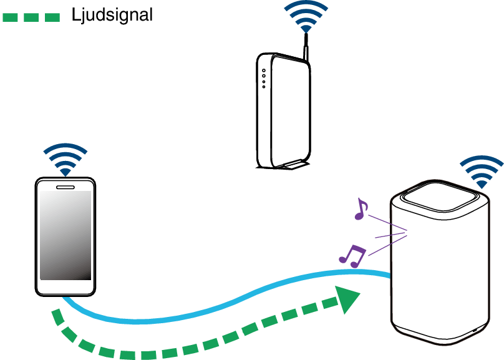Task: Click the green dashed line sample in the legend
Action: (x=31, y=17)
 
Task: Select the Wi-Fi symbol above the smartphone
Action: (x=65, y=160)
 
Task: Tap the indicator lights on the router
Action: (x=264, y=77)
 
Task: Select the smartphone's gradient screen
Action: (x=65, y=235)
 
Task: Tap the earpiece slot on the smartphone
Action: (x=65, y=186)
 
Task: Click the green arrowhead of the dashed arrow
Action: (x=347, y=300)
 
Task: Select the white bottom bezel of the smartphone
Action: (x=65, y=286)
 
